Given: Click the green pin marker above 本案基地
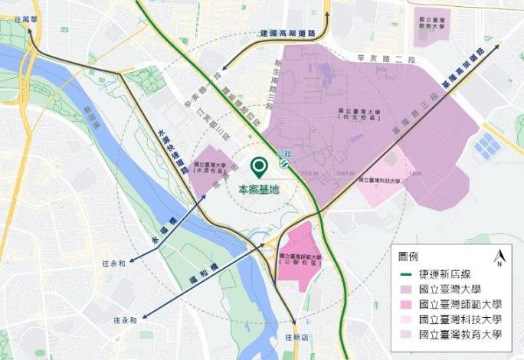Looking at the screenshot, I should [x=260, y=166].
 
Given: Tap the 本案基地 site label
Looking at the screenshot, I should [x=259, y=189].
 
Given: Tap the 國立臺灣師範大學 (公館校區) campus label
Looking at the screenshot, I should [x=301, y=260].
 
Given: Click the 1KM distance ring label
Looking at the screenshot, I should [x=416, y=174].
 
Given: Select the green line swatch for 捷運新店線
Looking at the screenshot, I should [x=407, y=275].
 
